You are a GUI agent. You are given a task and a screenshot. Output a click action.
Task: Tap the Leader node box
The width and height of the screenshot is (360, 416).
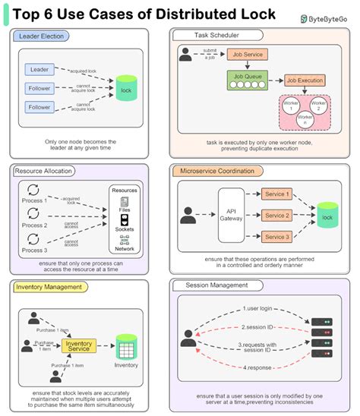click(x=39, y=70)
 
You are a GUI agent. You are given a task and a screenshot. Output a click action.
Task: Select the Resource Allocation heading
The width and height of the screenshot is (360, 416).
click(x=45, y=172)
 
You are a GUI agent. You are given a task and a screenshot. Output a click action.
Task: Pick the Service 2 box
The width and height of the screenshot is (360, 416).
click(x=276, y=216)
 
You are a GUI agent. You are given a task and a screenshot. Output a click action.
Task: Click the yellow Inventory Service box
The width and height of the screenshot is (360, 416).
click(x=78, y=346)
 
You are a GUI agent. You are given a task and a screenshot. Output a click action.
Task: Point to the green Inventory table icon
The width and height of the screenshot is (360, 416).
click(x=126, y=348)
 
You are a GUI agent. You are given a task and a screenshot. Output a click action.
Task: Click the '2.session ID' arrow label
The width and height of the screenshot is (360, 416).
click(x=256, y=327)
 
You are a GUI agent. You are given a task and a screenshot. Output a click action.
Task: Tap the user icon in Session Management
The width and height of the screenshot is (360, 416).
click(x=188, y=338)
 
